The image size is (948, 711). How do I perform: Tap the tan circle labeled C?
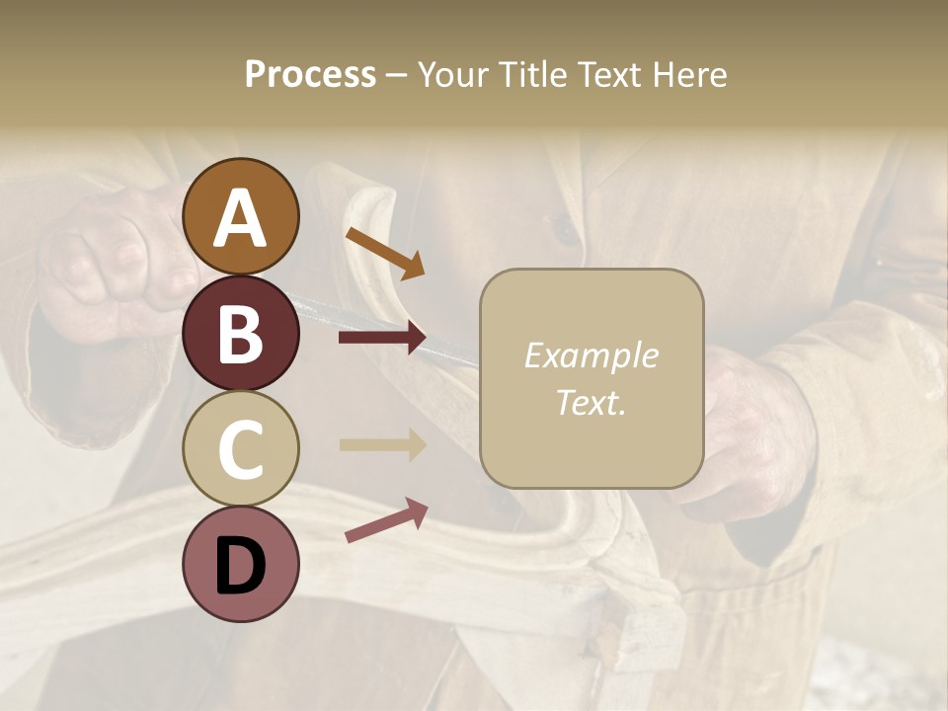240,448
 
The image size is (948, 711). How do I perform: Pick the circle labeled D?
240,564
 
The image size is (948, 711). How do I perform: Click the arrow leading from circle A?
385,253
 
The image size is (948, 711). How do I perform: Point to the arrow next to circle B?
382,338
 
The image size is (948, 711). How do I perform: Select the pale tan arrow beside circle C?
382,444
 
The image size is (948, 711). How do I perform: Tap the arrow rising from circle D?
386,520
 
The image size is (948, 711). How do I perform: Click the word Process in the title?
310,74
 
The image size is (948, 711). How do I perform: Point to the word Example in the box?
591,355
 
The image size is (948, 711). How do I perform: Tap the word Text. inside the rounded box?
591,402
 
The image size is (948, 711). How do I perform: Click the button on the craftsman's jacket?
566,229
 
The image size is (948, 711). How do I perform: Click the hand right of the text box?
755,434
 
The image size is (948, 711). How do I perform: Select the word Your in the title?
450,74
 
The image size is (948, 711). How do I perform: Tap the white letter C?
240,448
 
